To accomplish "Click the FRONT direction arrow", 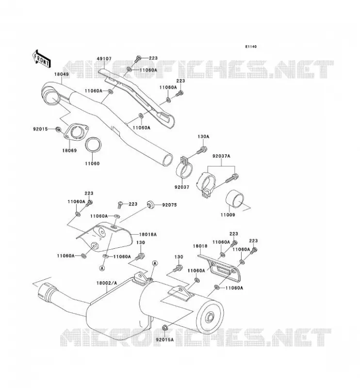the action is coord(41,59).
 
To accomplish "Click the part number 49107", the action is coord(104,59).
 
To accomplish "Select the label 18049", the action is coord(62,74).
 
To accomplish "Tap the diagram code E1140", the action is coord(251,47).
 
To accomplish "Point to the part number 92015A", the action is coord(165,340).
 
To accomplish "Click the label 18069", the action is coord(69,150).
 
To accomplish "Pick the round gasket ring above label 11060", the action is coord(93,145).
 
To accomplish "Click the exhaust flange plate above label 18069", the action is coord(76,131).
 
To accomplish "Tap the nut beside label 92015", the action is coord(58,129).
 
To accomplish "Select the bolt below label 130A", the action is coord(201,150).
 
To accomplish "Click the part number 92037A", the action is coord(221,156).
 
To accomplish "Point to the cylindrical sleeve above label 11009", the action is coord(235,200).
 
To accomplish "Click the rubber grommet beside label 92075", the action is coord(150,205).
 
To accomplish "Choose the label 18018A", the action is coord(148,234).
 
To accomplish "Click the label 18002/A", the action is coord(106,283).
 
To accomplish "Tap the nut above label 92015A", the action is coord(164,328).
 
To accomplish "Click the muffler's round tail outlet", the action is coord(211,317).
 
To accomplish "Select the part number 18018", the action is coord(200,246).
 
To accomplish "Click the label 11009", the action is coord(228,215).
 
